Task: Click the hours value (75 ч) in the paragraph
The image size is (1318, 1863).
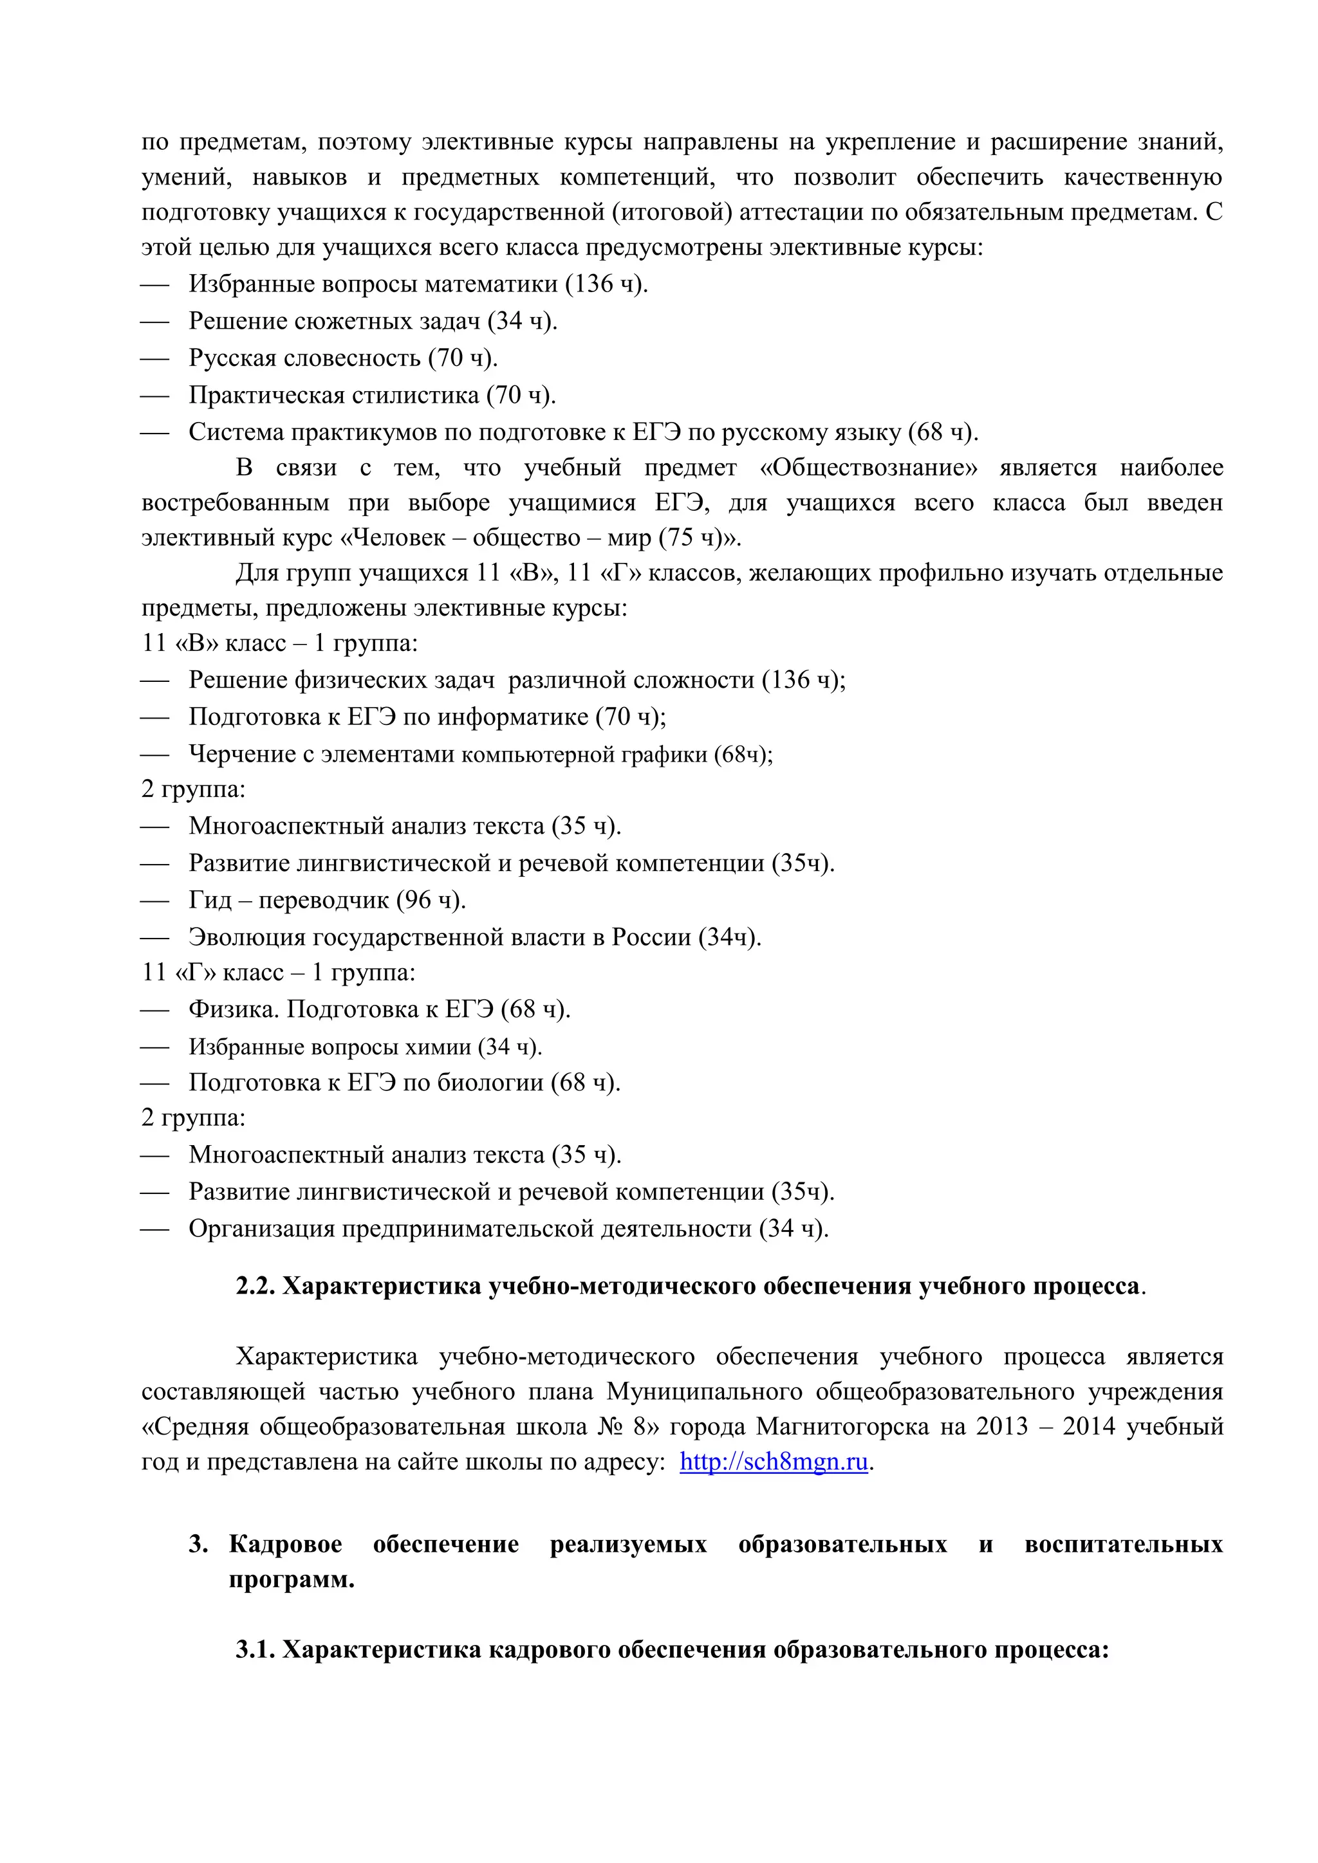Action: [690, 538]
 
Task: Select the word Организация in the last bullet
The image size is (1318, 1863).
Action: [261, 1229]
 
